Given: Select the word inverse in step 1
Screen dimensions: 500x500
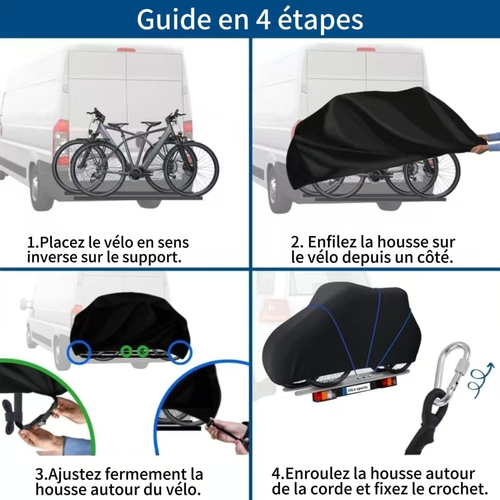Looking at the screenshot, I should click(52, 257).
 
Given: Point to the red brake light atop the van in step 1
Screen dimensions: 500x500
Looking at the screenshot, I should click(125, 50).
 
